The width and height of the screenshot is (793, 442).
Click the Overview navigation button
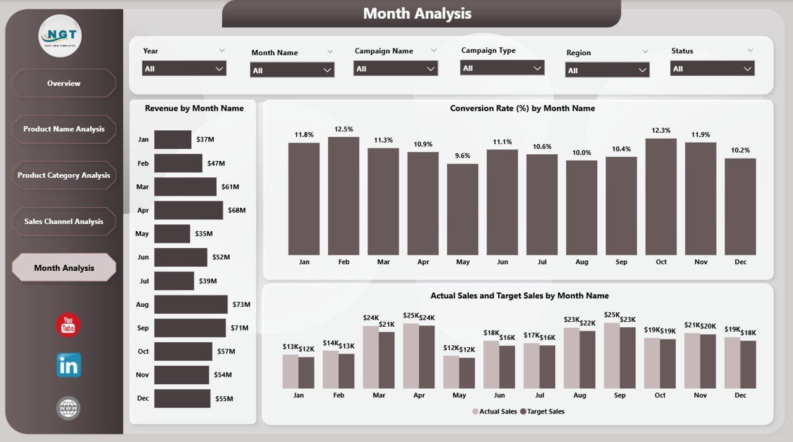coord(64,83)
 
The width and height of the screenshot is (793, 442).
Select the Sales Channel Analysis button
coord(64,221)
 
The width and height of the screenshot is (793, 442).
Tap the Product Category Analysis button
coord(64,175)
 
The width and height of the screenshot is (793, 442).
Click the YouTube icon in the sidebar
coord(68,325)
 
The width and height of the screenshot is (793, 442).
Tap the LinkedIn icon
coord(68,365)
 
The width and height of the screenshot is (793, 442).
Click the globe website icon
coord(68,408)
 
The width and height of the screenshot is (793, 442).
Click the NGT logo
coord(60,36)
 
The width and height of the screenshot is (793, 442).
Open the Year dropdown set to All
coord(184,69)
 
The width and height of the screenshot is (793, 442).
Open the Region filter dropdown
coord(607,70)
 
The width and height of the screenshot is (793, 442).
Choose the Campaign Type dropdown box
coord(502,68)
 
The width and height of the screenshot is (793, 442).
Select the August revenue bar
coord(191,304)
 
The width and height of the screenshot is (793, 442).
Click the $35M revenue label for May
coord(204,234)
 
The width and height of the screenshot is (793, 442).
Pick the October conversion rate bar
coord(661,197)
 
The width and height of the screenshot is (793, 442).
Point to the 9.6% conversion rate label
coord(463,156)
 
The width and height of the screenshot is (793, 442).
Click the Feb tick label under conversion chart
coord(344,262)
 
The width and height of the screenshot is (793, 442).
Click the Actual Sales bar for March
coord(371,357)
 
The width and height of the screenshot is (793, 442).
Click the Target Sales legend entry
coord(543,412)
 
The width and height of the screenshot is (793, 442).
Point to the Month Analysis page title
coord(417,14)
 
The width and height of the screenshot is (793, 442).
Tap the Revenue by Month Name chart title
coord(194,108)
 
